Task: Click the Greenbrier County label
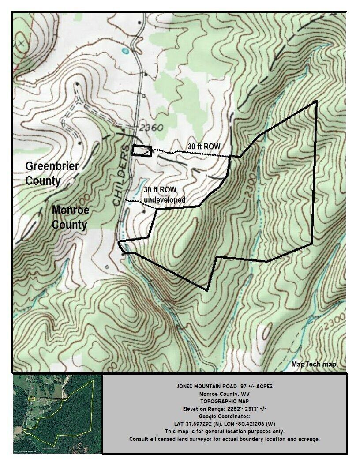coord(52,173)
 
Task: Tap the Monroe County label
coord(70,217)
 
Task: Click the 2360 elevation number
coord(151,128)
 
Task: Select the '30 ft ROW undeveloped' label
coord(165,195)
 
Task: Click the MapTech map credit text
coord(314,364)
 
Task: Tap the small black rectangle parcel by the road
coord(142,150)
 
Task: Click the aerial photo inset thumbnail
coord(57,413)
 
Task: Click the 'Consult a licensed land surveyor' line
coord(225,439)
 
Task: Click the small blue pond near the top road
coord(125,51)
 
